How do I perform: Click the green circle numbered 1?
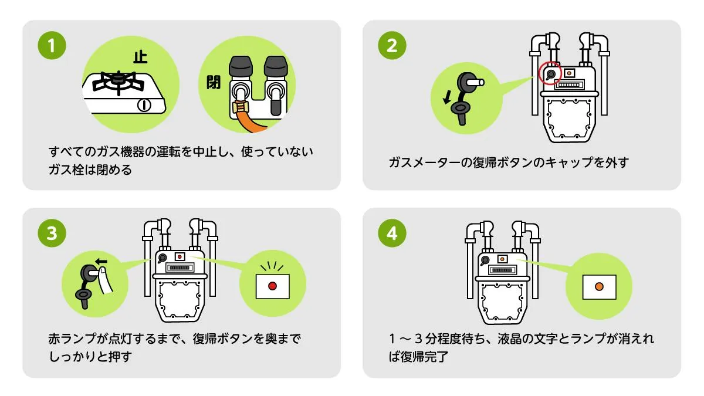pyautogui.click(x=52, y=46)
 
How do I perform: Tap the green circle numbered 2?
pyautogui.click(x=392, y=46)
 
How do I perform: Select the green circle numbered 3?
pyautogui.click(x=52, y=234)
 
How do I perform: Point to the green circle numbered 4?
pyautogui.click(x=392, y=234)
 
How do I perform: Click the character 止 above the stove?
pyautogui.click(x=140, y=57)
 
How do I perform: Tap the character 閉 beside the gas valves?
pyautogui.click(x=213, y=83)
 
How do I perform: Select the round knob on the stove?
pyautogui.click(x=144, y=106)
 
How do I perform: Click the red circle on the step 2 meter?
pyautogui.click(x=550, y=73)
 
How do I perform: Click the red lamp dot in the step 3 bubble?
pyautogui.click(x=272, y=286)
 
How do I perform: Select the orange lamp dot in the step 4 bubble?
pyautogui.click(x=598, y=286)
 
